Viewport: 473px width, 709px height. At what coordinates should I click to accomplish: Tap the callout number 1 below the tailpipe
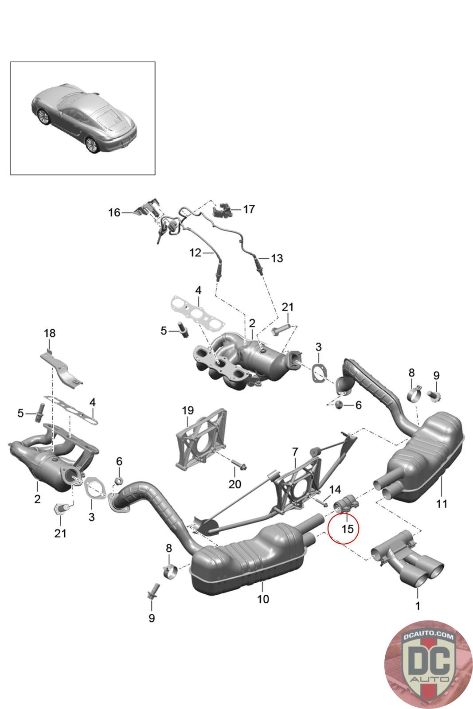click(x=417, y=605)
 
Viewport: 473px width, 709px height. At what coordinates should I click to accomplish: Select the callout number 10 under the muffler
click(x=263, y=599)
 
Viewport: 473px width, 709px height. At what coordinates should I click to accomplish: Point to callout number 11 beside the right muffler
click(x=442, y=503)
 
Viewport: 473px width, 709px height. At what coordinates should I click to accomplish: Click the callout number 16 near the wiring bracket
click(x=114, y=212)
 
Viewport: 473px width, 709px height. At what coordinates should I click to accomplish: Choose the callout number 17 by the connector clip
click(x=249, y=209)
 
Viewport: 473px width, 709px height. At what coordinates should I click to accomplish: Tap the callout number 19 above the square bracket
click(x=188, y=410)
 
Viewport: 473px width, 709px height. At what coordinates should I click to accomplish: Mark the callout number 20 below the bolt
click(x=235, y=484)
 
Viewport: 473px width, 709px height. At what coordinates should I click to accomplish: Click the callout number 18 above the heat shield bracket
click(x=49, y=333)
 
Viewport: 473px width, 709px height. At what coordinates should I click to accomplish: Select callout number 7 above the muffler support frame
click(x=295, y=452)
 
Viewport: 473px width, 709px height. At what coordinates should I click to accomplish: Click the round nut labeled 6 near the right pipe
click(x=338, y=405)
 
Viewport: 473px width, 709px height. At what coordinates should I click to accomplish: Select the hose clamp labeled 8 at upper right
click(x=414, y=393)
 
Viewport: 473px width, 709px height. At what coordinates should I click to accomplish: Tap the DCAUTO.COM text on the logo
click(x=428, y=636)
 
